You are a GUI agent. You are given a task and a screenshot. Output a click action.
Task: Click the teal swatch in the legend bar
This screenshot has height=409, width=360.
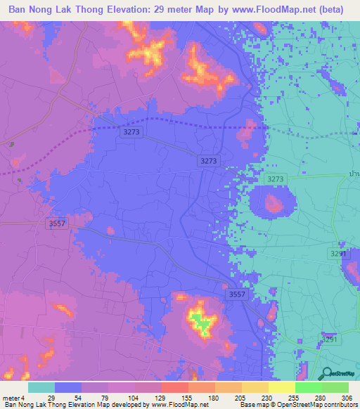(x=41, y=387)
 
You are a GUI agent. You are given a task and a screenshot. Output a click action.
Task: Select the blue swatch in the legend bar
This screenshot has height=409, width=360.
(x=68, y=387)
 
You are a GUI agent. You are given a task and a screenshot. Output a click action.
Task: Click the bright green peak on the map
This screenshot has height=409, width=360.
(x=202, y=323)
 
